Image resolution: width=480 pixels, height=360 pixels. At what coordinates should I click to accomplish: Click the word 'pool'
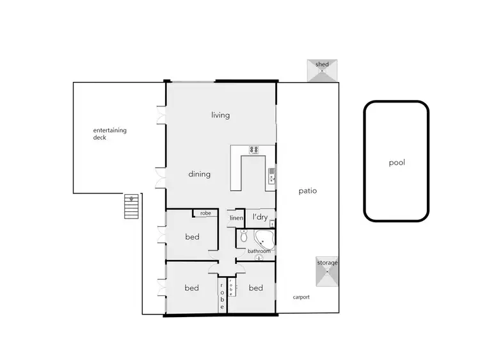[x=397, y=162]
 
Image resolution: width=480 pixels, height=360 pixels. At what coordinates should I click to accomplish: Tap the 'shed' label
[x=323, y=64]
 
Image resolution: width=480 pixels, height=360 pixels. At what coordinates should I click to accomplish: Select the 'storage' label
[x=327, y=263]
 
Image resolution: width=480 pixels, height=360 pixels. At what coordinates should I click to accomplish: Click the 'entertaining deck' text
[x=110, y=134]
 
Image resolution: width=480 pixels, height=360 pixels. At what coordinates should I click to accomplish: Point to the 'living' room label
[x=221, y=115]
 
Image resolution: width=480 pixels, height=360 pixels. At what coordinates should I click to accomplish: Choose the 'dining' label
[x=200, y=174]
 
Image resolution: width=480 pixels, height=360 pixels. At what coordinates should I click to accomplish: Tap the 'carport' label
[x=301, y=297]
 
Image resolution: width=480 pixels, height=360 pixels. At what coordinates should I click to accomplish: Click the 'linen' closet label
[x=236, y=218]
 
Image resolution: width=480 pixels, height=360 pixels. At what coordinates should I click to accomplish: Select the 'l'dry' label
[x=260, y=217]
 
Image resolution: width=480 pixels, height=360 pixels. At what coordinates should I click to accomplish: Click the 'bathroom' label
[x=259, y=251]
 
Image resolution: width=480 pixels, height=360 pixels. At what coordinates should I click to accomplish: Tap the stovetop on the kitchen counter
[x=254, y=151]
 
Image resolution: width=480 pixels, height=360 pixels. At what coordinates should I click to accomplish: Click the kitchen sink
[x=272, y=174]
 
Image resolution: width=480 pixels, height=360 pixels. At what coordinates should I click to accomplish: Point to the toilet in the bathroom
[x=243, y=238]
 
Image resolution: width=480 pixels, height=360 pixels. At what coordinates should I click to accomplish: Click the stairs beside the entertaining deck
[x=131, y=206]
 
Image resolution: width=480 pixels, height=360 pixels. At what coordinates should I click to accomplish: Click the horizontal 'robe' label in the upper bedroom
[x=205, y=213]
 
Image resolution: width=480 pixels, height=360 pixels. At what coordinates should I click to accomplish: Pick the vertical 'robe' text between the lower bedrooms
[x=223, y=295]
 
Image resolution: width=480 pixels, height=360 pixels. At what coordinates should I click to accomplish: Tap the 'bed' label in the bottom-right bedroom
[x=255, y=288]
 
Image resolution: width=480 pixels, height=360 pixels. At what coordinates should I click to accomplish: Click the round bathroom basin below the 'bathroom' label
[x=259, y=258]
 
